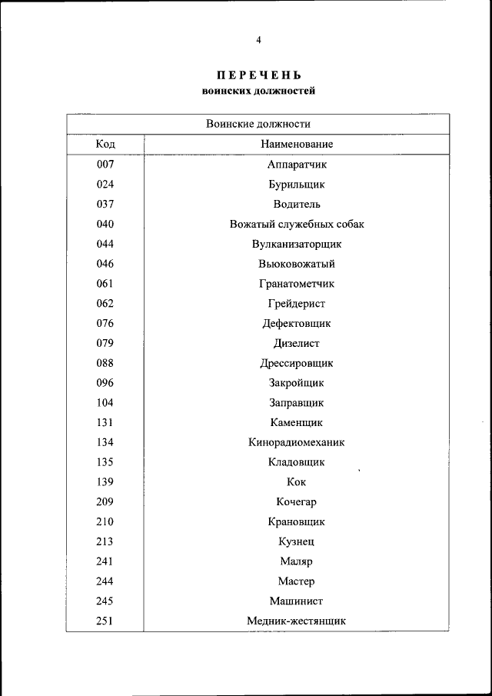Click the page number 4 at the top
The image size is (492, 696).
[258, 40]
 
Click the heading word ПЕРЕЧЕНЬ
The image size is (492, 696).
[258, 75]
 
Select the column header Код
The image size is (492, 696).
[105, 145]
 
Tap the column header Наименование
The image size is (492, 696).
[296, 145]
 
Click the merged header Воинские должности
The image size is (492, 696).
[258, 124]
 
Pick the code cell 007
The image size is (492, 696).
[105, 165]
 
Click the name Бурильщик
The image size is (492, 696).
[296, 185]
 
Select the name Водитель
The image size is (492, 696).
[296, 205]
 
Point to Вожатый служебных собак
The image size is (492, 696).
[296, 225]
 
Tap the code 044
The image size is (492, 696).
[105, 245]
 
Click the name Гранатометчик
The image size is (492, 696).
[296, 284]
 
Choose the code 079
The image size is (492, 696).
[105, 344]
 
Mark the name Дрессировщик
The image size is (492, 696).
[296, 363]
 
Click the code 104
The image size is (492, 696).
[105, 403]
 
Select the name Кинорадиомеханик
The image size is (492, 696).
[296, 442]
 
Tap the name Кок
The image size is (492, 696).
[296, 482]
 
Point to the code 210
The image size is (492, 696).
[105, 521]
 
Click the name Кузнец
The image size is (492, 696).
[296, 541]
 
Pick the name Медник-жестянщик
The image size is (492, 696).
[296, 621]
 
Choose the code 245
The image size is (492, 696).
[105, 601]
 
